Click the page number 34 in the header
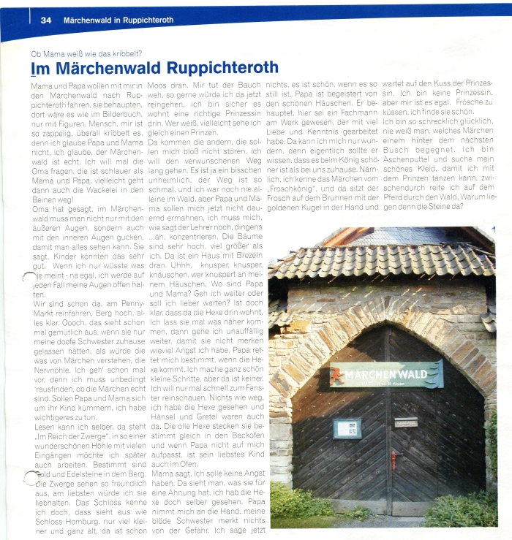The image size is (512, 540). pyautogui.click(x=45, y=20)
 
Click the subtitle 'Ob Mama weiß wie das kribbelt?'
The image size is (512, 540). pyautogui.click(x=86, y=53)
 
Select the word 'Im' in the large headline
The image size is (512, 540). pyautogui.click(x=39, y=69)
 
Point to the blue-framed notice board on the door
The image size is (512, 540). pyautogui.click(x=347, y=428)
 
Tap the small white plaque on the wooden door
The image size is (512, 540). pyautogui.click(x=406, y=422)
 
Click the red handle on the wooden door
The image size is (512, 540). pyautogui.click(x=395, y=459)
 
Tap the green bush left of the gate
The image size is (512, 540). pyautogui.click(x=293, y=503)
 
